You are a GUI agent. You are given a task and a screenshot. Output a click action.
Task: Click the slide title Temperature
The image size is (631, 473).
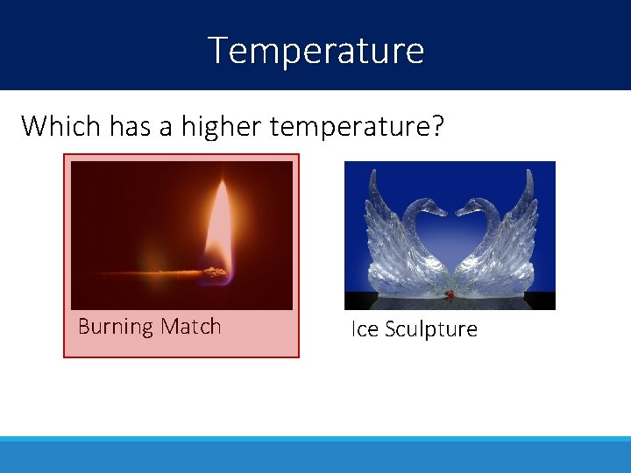[315, 50]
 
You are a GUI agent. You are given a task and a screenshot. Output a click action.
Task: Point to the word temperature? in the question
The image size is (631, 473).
[358, 126]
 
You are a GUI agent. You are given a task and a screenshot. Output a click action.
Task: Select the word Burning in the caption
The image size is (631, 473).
[116, 327]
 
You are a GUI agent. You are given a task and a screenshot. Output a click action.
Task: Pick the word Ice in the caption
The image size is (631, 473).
[365, 329]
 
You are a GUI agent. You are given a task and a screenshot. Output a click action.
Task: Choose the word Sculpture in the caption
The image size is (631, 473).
[430, 329]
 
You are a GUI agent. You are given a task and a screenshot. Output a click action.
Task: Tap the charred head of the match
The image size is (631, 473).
[214, 274]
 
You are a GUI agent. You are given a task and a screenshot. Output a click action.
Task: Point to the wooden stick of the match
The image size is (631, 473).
[149, 275]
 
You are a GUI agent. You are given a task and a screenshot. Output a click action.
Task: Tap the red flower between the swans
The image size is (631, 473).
[450, 295]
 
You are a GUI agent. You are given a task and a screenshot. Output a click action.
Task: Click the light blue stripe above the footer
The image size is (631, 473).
[315, 439]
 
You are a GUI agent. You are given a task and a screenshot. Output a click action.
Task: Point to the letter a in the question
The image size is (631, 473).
[167, 128]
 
